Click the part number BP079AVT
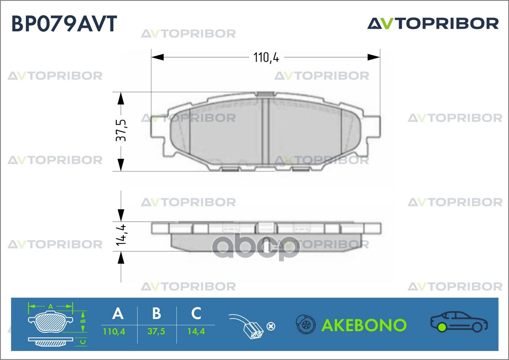(64, 23)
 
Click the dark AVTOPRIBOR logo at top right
(433, 23)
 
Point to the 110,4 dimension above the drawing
(266, 58)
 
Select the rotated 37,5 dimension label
(121, 130)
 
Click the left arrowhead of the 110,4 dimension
(157, 58)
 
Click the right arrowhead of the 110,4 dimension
(374, 58)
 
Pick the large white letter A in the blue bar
(118, 314)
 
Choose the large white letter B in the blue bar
(157, 314)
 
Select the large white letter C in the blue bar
(196, 314)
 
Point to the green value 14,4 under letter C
(196, 331)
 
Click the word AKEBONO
(364, 325)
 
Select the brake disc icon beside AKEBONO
(305, 325)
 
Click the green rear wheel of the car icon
(441, 328)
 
